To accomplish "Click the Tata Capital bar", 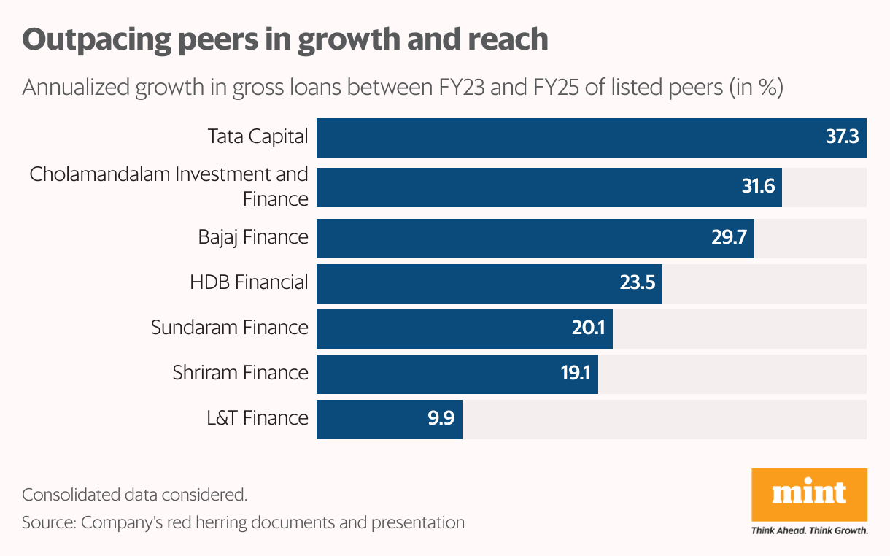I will [569, 137].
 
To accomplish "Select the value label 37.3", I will [842, 137].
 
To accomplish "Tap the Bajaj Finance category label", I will [253, 237].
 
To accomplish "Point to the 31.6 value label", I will [758, 188].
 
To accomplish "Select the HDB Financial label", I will [249, 282].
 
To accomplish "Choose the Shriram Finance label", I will [240, 373].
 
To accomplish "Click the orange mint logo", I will [809, 494].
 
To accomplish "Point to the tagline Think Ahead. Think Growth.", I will [809, 531].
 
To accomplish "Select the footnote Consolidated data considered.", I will [134, 495].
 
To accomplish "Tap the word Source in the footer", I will [47, 522].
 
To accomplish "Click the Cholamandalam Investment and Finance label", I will [169, 186].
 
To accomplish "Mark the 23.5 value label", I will [638, 283].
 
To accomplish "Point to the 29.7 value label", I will [730, 237].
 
